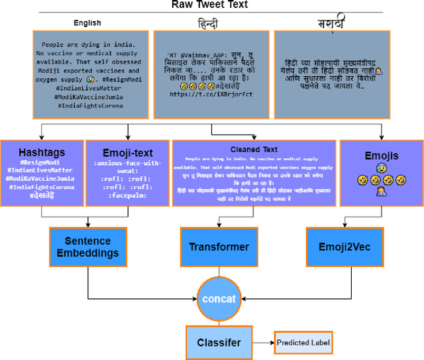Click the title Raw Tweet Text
pyautogui.click(x=210, y=5)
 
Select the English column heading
pyautogui.click(x=87, y=23)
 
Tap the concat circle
pyautogui.click(x=218, y=298)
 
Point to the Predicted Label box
pyautogui.click(x=303, y=343)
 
